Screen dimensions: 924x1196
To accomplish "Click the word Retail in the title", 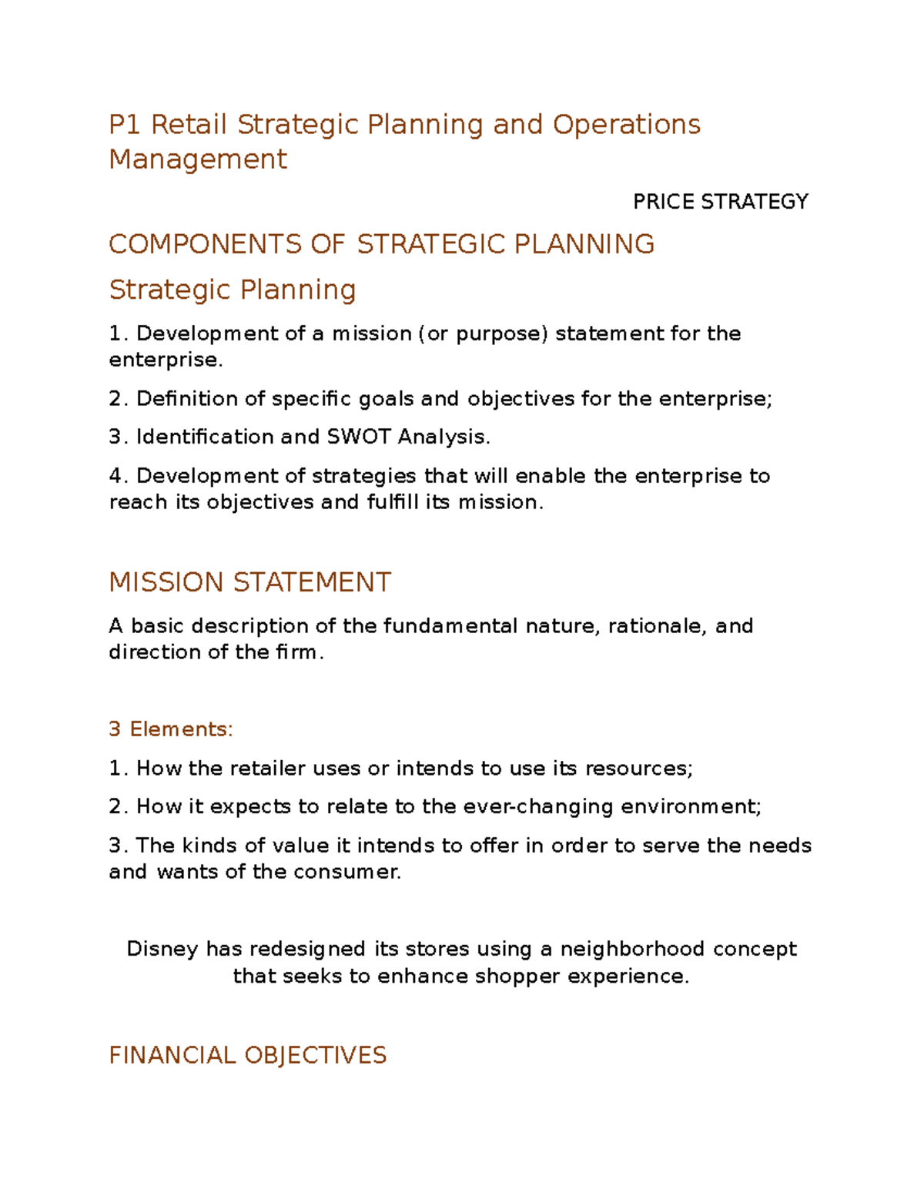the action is (189, 125).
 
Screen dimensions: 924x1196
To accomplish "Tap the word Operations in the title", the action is (626, 125).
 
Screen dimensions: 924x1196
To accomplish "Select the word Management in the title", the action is (198, 159).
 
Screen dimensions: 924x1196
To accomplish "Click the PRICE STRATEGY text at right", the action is (720, 202).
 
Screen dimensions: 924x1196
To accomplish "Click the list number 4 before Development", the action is (115, 476).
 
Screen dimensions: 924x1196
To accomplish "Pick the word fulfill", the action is (393, 502).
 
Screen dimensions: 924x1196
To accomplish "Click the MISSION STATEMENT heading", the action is (250, 582).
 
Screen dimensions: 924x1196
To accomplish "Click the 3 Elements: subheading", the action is (170, 729).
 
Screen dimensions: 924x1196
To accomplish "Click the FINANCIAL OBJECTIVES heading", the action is (247, 1055).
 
